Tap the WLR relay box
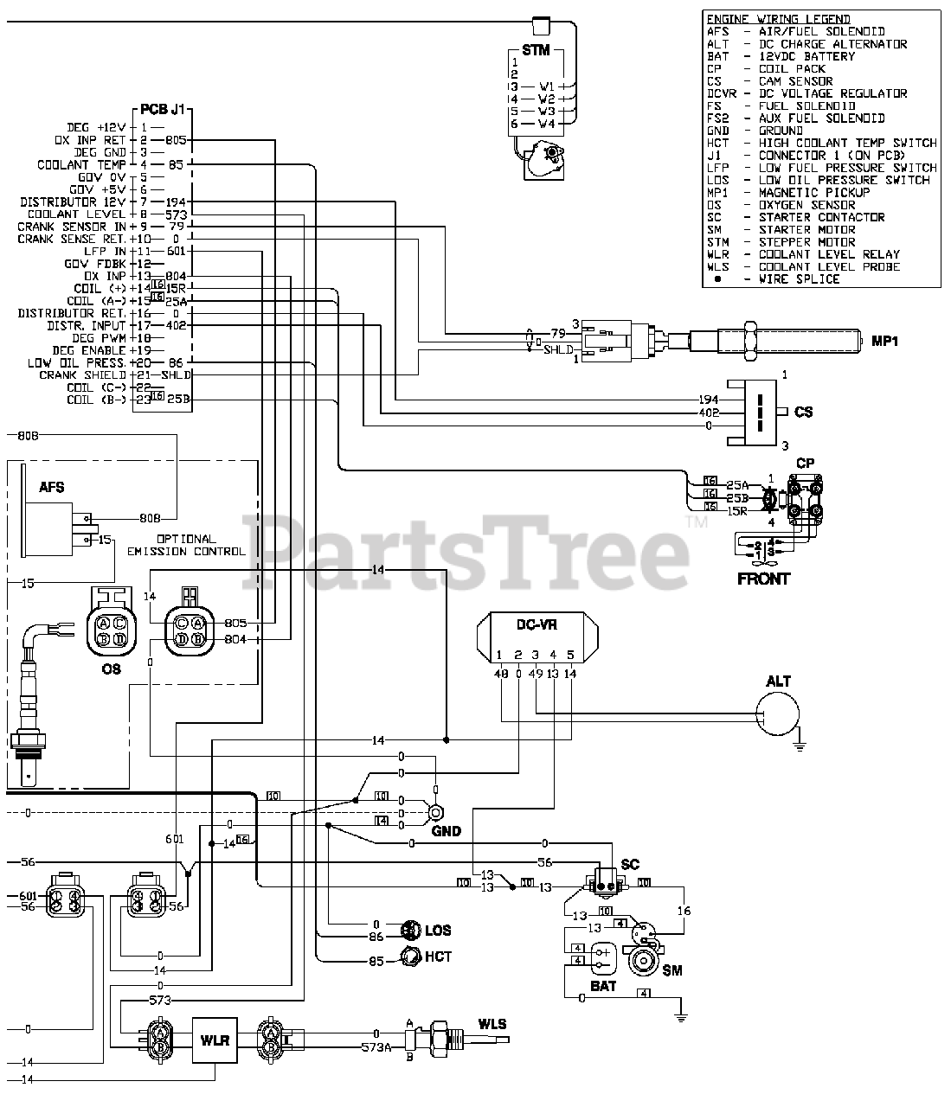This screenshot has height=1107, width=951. click(215, 1040)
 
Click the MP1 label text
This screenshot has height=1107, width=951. click(884, 342)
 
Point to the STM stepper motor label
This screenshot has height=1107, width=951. click(536, 50)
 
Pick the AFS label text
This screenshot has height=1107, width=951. click(52, 488)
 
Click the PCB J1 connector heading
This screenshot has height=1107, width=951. click(163, 111)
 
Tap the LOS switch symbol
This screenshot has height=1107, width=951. click(411, 930)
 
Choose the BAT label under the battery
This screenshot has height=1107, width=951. click(602, 986)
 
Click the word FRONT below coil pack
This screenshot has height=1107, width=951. click(763, 579)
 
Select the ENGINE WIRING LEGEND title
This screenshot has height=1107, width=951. click(778, 19)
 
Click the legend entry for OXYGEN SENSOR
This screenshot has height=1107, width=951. click(806, 205)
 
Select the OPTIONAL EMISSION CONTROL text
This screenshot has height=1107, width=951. click(186, 545)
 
